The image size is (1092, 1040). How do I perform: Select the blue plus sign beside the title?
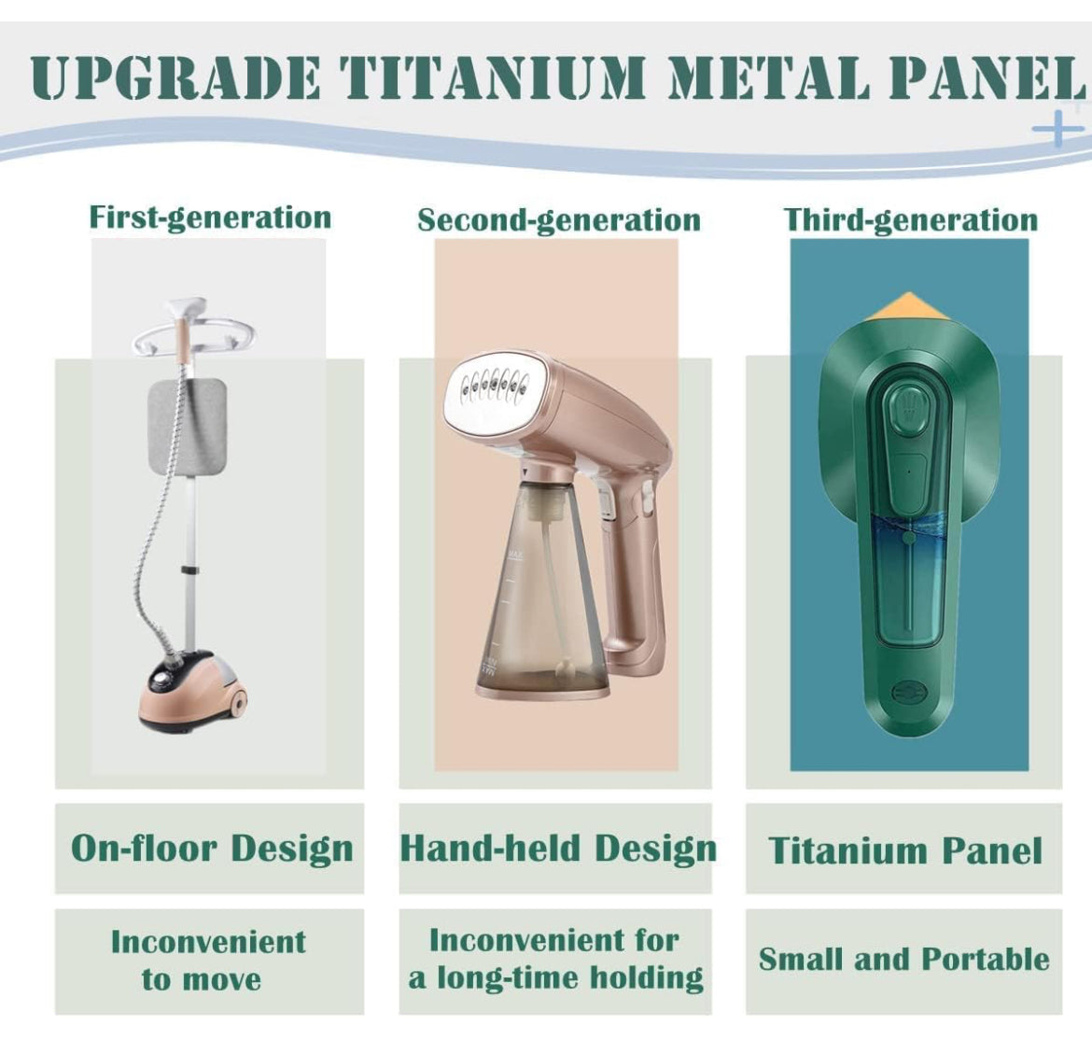(x=1057, y=128)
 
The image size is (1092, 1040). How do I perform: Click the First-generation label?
(x=210, y=218)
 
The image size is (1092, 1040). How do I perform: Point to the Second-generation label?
(x=558, y=221)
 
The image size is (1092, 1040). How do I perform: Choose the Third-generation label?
(x=910, y=221)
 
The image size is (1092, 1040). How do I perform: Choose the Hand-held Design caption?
(x=558, y=850)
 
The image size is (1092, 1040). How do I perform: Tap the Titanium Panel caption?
(x=905, y=850)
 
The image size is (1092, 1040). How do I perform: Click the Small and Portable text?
(x=904, y=960)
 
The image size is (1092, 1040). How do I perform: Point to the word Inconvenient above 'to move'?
(x=208, y=943)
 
